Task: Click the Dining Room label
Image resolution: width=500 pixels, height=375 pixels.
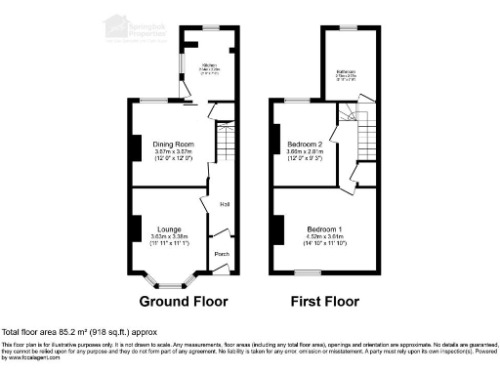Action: (x=172, y=145)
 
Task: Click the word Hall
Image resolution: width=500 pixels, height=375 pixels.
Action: (x=225, y=204)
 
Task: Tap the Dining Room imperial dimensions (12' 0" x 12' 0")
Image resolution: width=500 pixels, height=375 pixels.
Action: (x=172, y=158)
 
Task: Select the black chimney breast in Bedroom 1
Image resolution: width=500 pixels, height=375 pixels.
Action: (x=278, y=230)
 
